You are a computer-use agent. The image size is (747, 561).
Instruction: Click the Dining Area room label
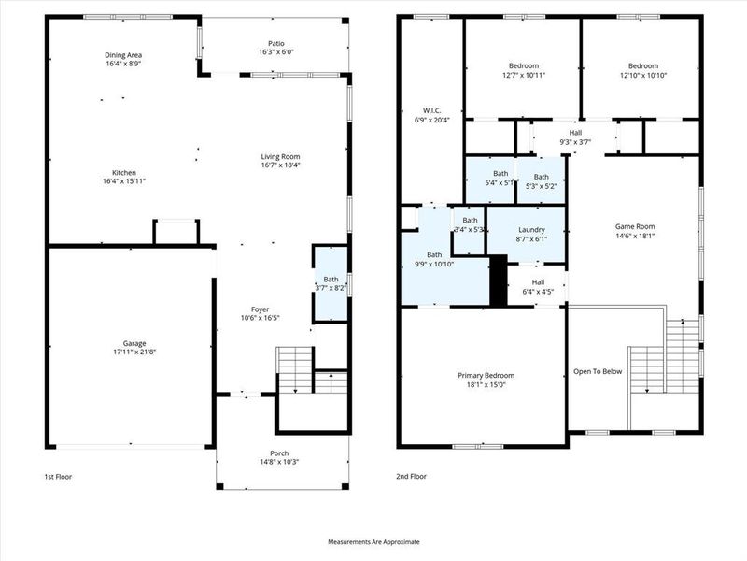(123, 55)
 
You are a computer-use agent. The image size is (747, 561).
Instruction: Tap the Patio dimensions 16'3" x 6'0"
(276, 52)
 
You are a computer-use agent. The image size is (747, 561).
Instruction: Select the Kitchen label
(124, 173)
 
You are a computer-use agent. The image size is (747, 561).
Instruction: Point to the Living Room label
(280, 156)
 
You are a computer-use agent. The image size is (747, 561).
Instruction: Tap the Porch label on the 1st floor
(280, 453)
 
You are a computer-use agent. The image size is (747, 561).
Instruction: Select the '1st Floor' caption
(58, 477)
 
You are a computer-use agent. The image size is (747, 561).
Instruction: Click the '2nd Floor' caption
(412, 477)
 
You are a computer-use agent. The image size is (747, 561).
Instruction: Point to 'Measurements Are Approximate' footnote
(373, 542)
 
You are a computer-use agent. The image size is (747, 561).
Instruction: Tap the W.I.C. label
(430, 110)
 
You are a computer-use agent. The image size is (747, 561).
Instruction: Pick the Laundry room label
(530, 229)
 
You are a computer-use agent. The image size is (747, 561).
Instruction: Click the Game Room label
(635, 226)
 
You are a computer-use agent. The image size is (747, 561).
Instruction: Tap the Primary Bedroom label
(486, 376)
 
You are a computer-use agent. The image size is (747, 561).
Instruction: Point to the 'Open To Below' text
(598, 371)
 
